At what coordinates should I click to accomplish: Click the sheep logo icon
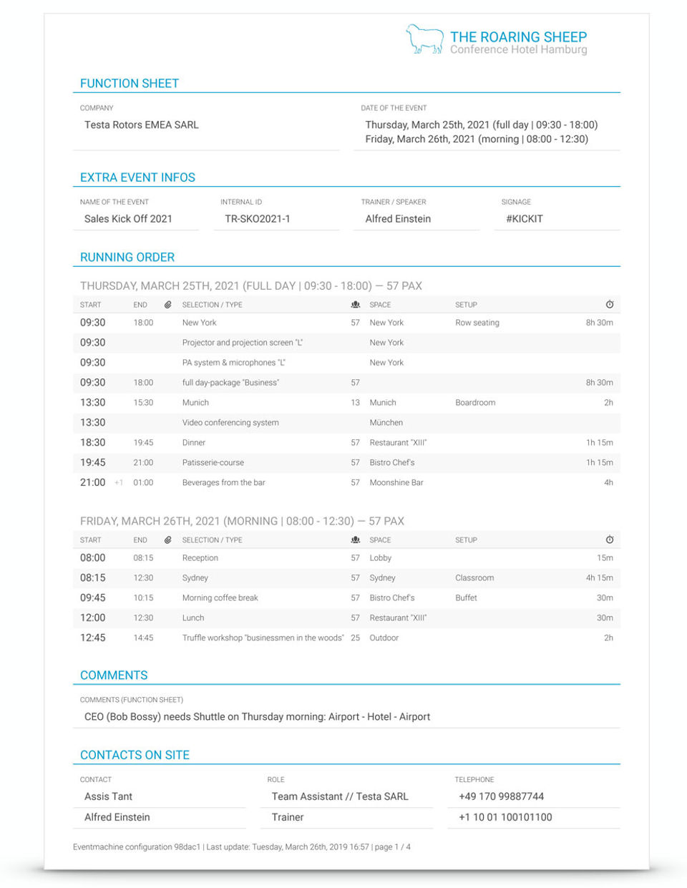(x=424, y=40)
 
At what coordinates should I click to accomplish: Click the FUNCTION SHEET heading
(x=130, y=84)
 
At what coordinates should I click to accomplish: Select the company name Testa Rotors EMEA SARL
(x=142, y=125)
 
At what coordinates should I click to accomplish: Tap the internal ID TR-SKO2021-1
(x=258, y=219)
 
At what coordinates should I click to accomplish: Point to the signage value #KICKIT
(x=525, y=219)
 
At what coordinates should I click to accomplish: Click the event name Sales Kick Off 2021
(x=128, y=219)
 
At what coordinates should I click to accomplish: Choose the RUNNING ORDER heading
(x=127, y=258)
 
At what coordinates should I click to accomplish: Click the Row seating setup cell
(x=477, y=323)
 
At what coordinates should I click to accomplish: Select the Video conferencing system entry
(x=230, y=423)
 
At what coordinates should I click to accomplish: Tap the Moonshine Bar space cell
(x=396, y=483)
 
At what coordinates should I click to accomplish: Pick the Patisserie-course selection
(x=213, y=463)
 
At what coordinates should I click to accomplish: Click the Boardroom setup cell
(x=475, y=403)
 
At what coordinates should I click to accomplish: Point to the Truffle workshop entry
(x=263, y=638)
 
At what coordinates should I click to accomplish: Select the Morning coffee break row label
(x=220, y=598)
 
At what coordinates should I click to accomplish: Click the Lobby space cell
(x=381, y=558)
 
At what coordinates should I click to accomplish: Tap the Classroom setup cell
(x=474, y=578)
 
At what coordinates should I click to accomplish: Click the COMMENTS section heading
(x=114, y=675)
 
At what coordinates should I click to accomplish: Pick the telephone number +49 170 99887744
(x=502, y=797)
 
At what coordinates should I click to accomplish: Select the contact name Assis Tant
(x=108, y=797)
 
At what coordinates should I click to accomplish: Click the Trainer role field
(x=288, y=818)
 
